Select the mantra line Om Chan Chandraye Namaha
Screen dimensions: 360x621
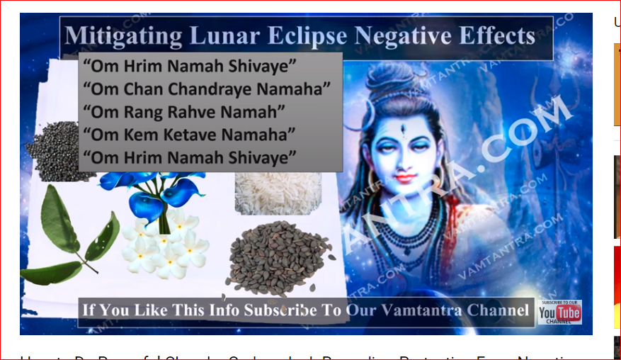click(206, 90)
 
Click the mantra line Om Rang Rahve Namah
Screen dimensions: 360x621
click(183, 111)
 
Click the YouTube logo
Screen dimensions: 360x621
click(559, 313)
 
